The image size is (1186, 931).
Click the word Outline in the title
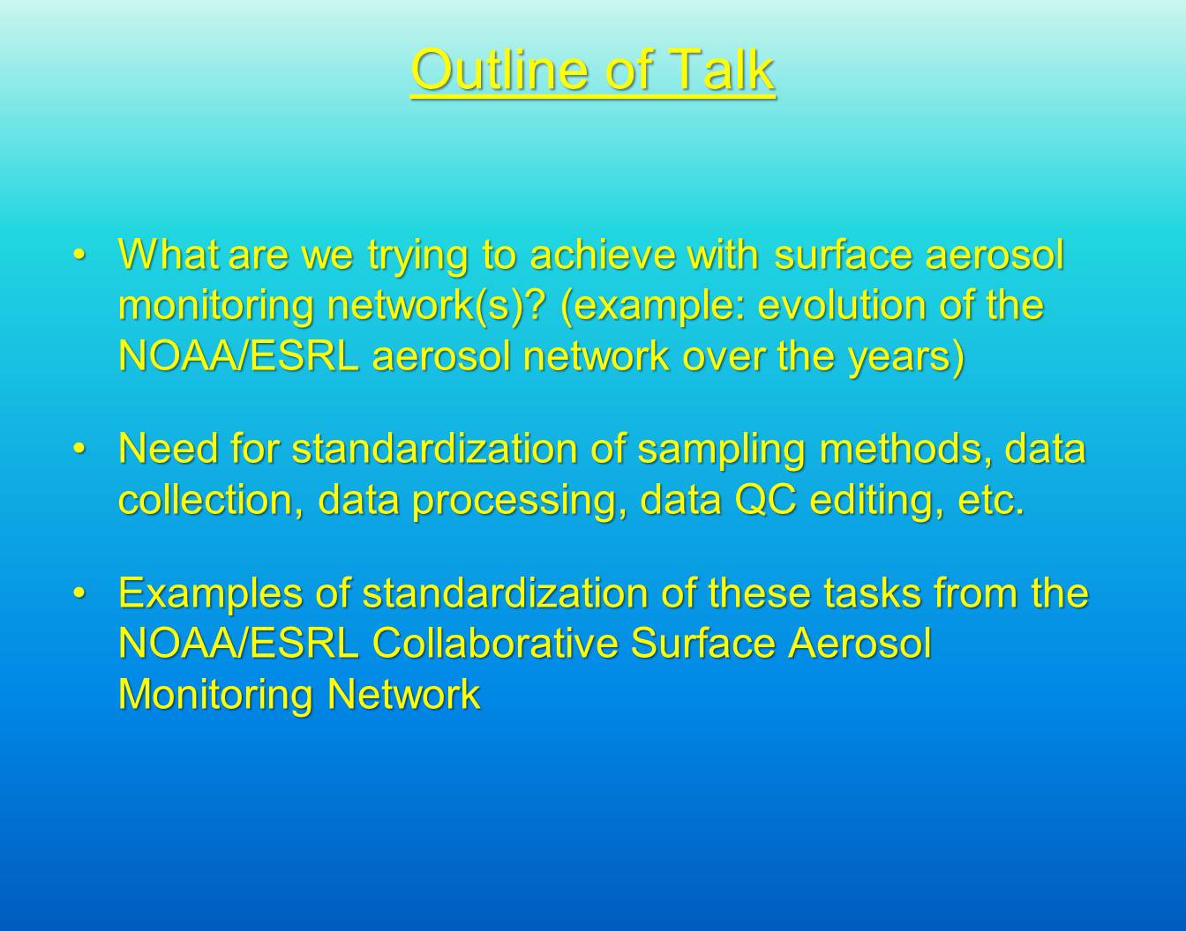pyautogui.click(x=500, y=70)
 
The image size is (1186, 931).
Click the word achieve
pyautogui.click(x=603, y=254)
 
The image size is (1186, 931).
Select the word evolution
pyautogui.click(x=842, y=304)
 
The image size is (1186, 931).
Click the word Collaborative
pyautogui.click(x=495, y=644)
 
